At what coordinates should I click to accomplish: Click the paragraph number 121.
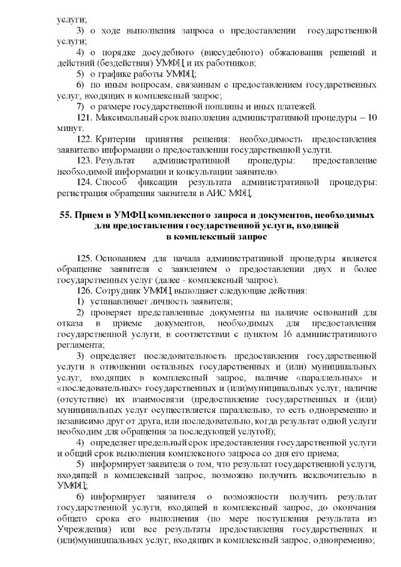(x=85, y=118)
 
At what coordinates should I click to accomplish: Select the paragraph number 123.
(x=85, y=161)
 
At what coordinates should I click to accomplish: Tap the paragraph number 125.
(x=85, y=257)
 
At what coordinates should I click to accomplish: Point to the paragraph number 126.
(x=85, y=291)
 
